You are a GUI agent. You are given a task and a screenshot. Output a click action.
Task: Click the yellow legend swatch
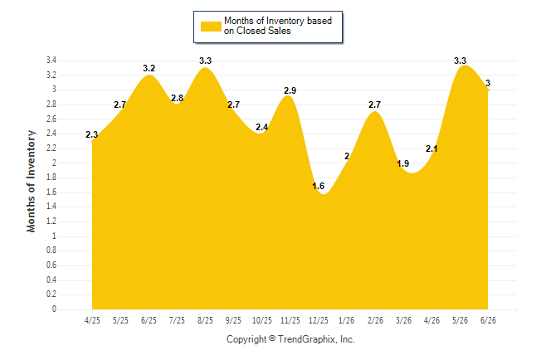pyautogui.click(x=211, y=27)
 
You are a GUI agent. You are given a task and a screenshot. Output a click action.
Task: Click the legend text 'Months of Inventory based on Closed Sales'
pyautogui.click(x=278, y=26)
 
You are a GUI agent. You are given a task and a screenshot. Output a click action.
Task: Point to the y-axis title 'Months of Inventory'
pyautogui.click(x=31, y=181)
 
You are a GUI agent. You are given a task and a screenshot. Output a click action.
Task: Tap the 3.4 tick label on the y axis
pyautogui.click(x=51, y=61)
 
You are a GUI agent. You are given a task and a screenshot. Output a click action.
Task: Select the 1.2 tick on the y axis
pyautogui.click(x=51, y=221)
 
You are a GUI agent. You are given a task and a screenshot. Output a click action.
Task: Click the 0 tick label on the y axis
pyautogui.click(x=54, y=309)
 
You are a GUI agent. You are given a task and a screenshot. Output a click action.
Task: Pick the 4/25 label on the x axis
pyautogui.click(x=92, y=320)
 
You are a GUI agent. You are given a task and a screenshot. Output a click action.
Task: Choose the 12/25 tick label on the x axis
pyautogui.click(x=319, y=320)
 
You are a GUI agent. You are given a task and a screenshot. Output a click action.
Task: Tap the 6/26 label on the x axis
pyautogui.click(x=488, y=320)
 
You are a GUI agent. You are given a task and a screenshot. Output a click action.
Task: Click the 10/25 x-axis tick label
pyautogui.click(x=262, y=320)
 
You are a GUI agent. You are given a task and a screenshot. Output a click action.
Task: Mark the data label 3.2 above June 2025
pyautogui.click(x=149, y=68)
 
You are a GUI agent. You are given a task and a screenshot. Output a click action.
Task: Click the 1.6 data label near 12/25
pyautogui.click(x=319, y=186)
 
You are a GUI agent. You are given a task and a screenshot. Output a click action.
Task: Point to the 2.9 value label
pyautogui.click(x=290, y=90)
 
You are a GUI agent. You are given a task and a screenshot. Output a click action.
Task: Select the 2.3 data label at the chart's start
pyautogui.click(x=91, y=134)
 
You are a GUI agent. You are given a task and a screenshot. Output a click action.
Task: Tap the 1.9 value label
pyautogui.click(x=403, y=163)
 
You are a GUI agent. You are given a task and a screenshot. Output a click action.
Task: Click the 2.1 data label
pyautogui.click(x=431, y=148)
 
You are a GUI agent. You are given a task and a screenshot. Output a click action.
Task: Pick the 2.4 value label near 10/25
pyautogui.click(x=262, y=127)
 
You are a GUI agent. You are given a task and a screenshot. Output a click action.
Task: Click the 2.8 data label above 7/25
pyautogui.click(x=178, y=98)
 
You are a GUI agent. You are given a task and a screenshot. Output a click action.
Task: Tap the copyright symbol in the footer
pyautogui.click(x=272, y=338)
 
